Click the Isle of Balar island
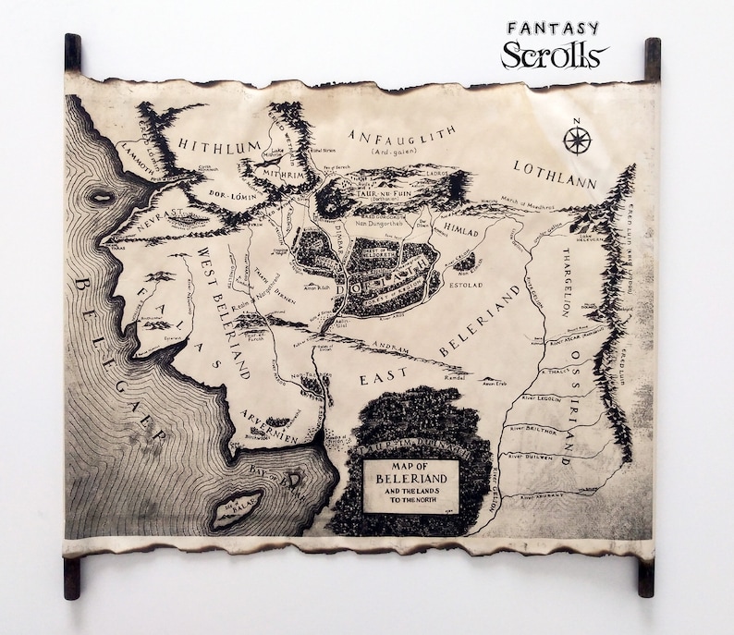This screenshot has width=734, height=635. tap(236, 507)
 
